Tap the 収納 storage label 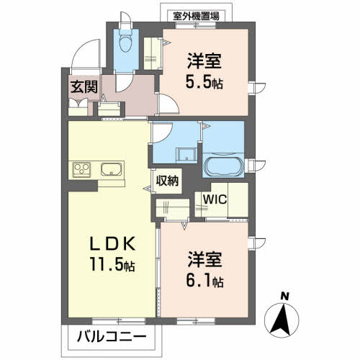(x=167, y=181)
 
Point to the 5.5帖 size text (x=205, y=81)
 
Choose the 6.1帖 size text (x=205, y=278)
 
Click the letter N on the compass (x=285, y=296)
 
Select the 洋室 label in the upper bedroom (x=206, y=60)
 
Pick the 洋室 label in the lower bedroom (x=205, y=257)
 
